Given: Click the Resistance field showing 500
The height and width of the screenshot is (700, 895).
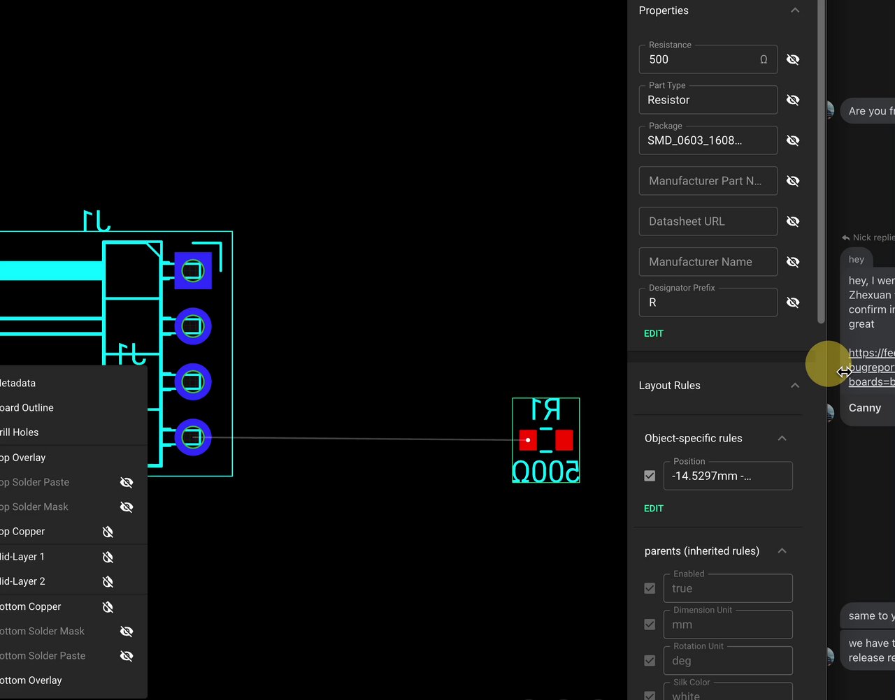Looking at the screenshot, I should [x=699, y=60].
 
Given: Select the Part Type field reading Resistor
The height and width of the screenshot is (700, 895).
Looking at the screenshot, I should [x=708, y=100].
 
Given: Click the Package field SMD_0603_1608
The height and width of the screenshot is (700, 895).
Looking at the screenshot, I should [x=708, y=140].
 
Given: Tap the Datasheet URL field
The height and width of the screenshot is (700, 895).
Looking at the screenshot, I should [x=708, y=221].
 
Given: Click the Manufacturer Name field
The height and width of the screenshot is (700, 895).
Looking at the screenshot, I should [x=708, y=262].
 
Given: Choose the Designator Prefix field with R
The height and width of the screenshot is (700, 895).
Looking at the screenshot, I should [x=708, y=302].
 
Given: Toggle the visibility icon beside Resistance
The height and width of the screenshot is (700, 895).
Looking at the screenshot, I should [x=793, y=60].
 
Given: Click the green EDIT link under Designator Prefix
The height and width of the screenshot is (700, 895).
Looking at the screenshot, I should [x=654, y=334].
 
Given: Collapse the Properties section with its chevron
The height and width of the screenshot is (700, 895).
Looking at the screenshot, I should [x=795, y=10].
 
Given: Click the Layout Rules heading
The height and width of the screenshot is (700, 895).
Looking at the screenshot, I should [x=669, y=386].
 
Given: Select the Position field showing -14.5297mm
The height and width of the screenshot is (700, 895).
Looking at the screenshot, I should [x=727, y=476].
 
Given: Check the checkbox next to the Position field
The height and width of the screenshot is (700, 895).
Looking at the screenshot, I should [x=650, y=476].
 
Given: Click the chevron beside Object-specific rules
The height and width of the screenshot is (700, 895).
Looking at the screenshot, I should [x=782, y=439].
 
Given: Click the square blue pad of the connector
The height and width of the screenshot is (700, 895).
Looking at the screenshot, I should [x=193, y=270].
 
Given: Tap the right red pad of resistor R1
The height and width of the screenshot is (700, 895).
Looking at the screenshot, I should [x=564, y=440].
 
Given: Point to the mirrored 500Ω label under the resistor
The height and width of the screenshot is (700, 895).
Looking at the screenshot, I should [x=546, y=472].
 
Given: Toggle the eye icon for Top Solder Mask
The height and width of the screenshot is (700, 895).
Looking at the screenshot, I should [x=127, y=507].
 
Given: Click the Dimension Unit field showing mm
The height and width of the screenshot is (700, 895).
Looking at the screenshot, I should [x=727, y=625].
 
